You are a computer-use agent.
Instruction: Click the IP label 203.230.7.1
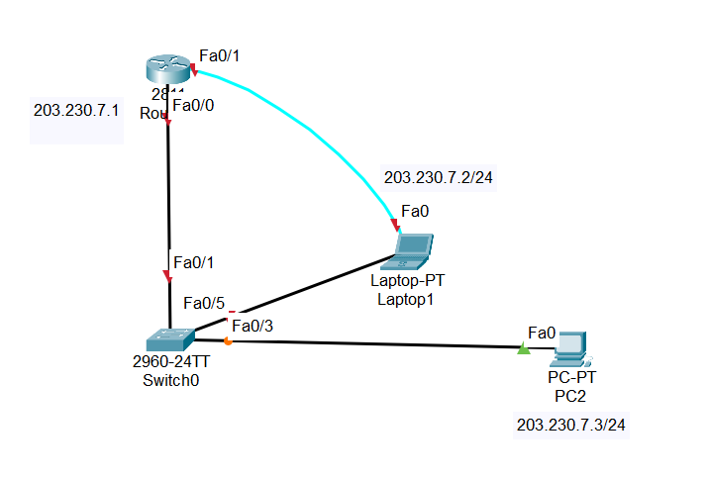[76, 111]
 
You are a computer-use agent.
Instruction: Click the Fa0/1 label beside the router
[219, 55]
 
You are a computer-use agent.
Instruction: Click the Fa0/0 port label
[192, 105]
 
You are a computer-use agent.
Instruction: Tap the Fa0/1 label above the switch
[193, 262]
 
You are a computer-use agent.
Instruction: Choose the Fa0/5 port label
[205, 303]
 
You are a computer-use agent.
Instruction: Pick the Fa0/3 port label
[252, 326]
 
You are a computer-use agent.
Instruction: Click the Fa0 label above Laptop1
[415, 211]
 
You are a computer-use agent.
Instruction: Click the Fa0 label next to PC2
[542, 332]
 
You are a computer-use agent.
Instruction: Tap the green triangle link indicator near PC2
[522, 347]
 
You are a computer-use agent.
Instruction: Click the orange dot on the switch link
[228, 342]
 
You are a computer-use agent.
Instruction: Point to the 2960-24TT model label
[170, 362]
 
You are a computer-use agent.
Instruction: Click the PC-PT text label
[572, 378]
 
